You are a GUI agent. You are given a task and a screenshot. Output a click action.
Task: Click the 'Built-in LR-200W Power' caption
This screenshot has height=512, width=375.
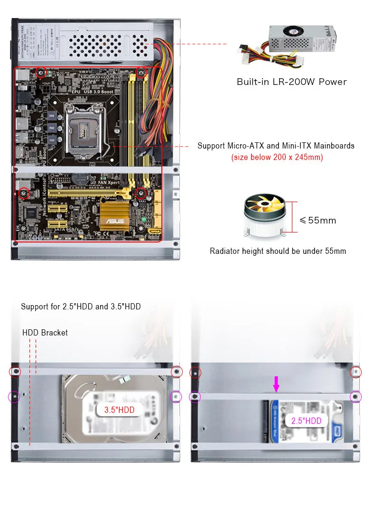pos(291,82)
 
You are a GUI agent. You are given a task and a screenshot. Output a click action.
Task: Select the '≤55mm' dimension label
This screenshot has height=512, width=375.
pos(318,220)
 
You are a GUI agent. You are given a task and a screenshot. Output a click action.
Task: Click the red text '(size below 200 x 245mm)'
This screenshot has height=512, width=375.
pos(277,157)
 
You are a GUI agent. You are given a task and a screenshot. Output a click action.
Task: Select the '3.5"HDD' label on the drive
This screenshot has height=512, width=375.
pos(120,410)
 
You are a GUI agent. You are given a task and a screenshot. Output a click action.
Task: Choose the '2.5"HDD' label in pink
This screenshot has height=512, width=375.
pos(307,420)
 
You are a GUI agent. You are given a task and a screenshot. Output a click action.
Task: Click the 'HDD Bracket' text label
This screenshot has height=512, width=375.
pos(45,333)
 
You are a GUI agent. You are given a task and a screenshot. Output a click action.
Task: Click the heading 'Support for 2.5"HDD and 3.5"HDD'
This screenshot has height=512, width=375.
pos(81,307)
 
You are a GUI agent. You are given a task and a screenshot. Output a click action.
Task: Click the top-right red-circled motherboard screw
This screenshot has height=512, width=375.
pos(141,72)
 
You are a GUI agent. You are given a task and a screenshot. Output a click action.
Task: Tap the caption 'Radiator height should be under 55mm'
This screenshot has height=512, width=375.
pos(278,251)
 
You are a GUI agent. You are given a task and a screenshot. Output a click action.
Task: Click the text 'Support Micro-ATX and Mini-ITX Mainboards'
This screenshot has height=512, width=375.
pos(276,146)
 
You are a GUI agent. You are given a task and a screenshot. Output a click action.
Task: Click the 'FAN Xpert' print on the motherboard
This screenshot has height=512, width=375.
pos(107,182)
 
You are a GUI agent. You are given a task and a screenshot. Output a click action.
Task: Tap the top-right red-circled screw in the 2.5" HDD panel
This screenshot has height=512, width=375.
pos(356,372)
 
